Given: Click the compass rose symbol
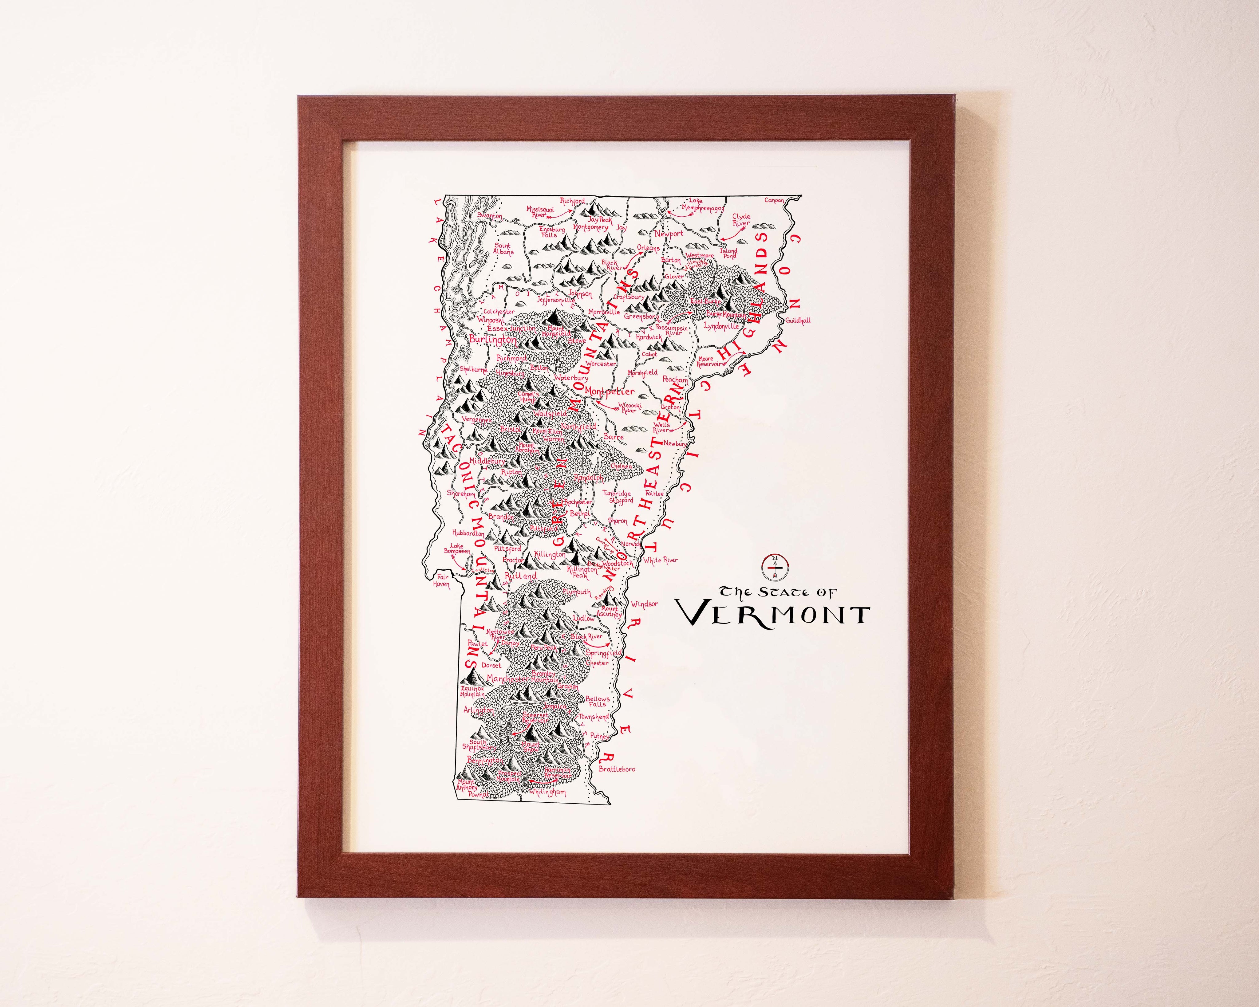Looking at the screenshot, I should (x=776, y=565).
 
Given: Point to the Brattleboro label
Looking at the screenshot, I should (x=617, y=769).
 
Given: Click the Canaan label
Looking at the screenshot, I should (x=774, y=200).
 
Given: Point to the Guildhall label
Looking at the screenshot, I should (x=798, y=321).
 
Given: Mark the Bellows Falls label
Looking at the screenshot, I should (x=598, y=701).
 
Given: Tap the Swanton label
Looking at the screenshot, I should (x=489, y=215).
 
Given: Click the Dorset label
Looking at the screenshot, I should (x=491, y=665).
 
